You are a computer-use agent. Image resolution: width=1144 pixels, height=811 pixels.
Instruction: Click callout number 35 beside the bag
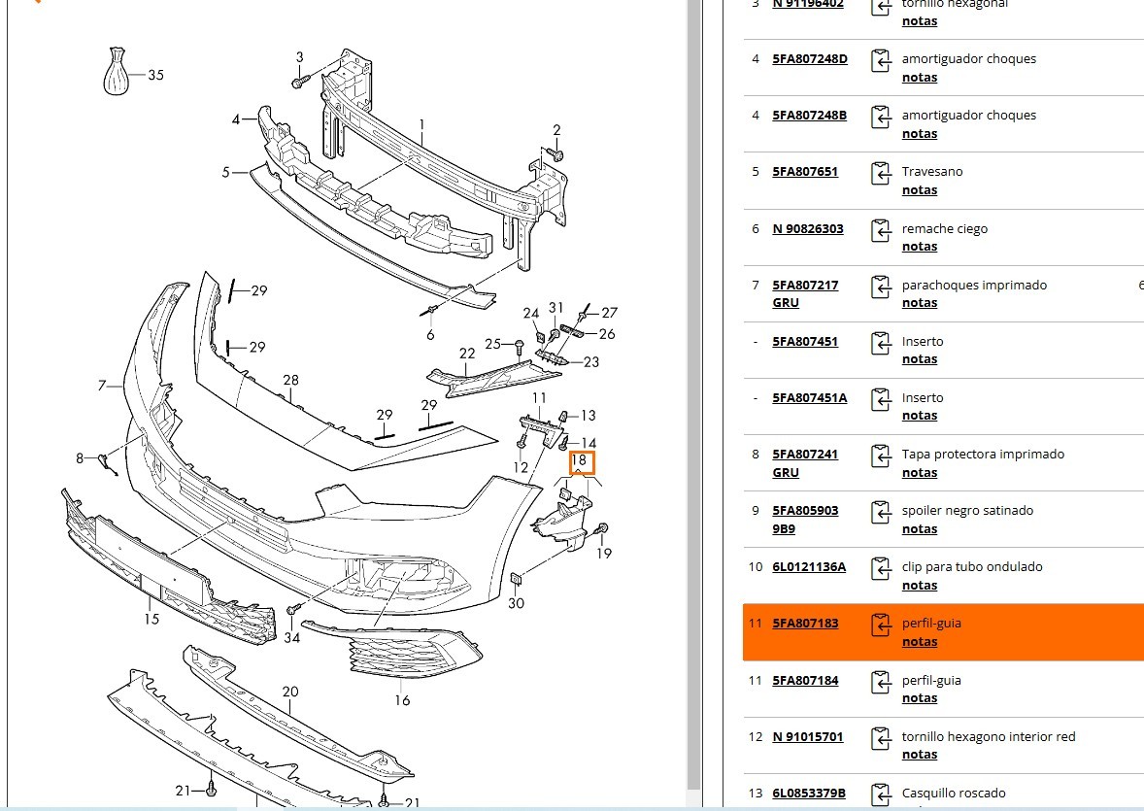pyautogui.click(x=155, y=75)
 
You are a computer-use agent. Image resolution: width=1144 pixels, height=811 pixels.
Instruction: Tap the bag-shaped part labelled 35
pyautogui.click(x=116, y=71)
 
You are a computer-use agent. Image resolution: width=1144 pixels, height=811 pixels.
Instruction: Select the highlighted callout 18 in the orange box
pyautogui.click(x=581, y=460)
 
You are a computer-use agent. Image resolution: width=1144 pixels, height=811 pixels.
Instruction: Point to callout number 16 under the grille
pyautogui.click(x=402, y=700)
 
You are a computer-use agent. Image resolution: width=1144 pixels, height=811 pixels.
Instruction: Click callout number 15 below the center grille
pyautogui.click(x=151, y=619)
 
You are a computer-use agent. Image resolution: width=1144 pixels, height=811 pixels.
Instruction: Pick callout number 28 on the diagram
pyautogui.click(x=290, y=380)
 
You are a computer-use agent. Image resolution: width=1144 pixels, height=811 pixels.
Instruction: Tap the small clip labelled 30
pyautogui.click(x=517, y=580)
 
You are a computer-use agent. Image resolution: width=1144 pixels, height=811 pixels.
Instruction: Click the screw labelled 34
pyautogui.click(x=290, y=609)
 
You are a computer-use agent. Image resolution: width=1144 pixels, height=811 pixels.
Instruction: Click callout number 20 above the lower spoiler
pyautogui.click(x=290, y=692)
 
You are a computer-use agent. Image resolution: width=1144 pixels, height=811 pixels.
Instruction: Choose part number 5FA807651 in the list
pyautogui.click(x=805, y=172)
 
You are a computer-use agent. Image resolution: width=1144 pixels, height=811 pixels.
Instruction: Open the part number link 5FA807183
pyautogui.click(x=805, y=624)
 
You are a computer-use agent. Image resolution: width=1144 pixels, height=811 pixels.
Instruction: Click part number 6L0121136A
pyautogui.click(x=809, y=567)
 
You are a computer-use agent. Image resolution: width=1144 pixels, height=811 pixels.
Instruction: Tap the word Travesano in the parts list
pyautogui.click(x=932, y=172)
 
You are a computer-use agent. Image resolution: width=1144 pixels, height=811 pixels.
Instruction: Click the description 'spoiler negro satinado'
pyautogui.click(x=967, y=511)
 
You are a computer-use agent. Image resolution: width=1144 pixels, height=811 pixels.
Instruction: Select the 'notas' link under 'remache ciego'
pyautogui.click(x=919, y=247)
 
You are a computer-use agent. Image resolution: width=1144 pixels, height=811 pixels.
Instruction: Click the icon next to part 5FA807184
pyautogui.click(x=881, y=683)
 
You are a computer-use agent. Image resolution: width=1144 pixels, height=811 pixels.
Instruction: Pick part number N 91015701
pyautogui.click(x=808, y=737)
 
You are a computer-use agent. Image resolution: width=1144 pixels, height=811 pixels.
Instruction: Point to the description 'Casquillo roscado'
pyautogui.click(x=954, y=794)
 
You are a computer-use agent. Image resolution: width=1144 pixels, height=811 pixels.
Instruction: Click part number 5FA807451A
pyautogui.click(x=810, y=398)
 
